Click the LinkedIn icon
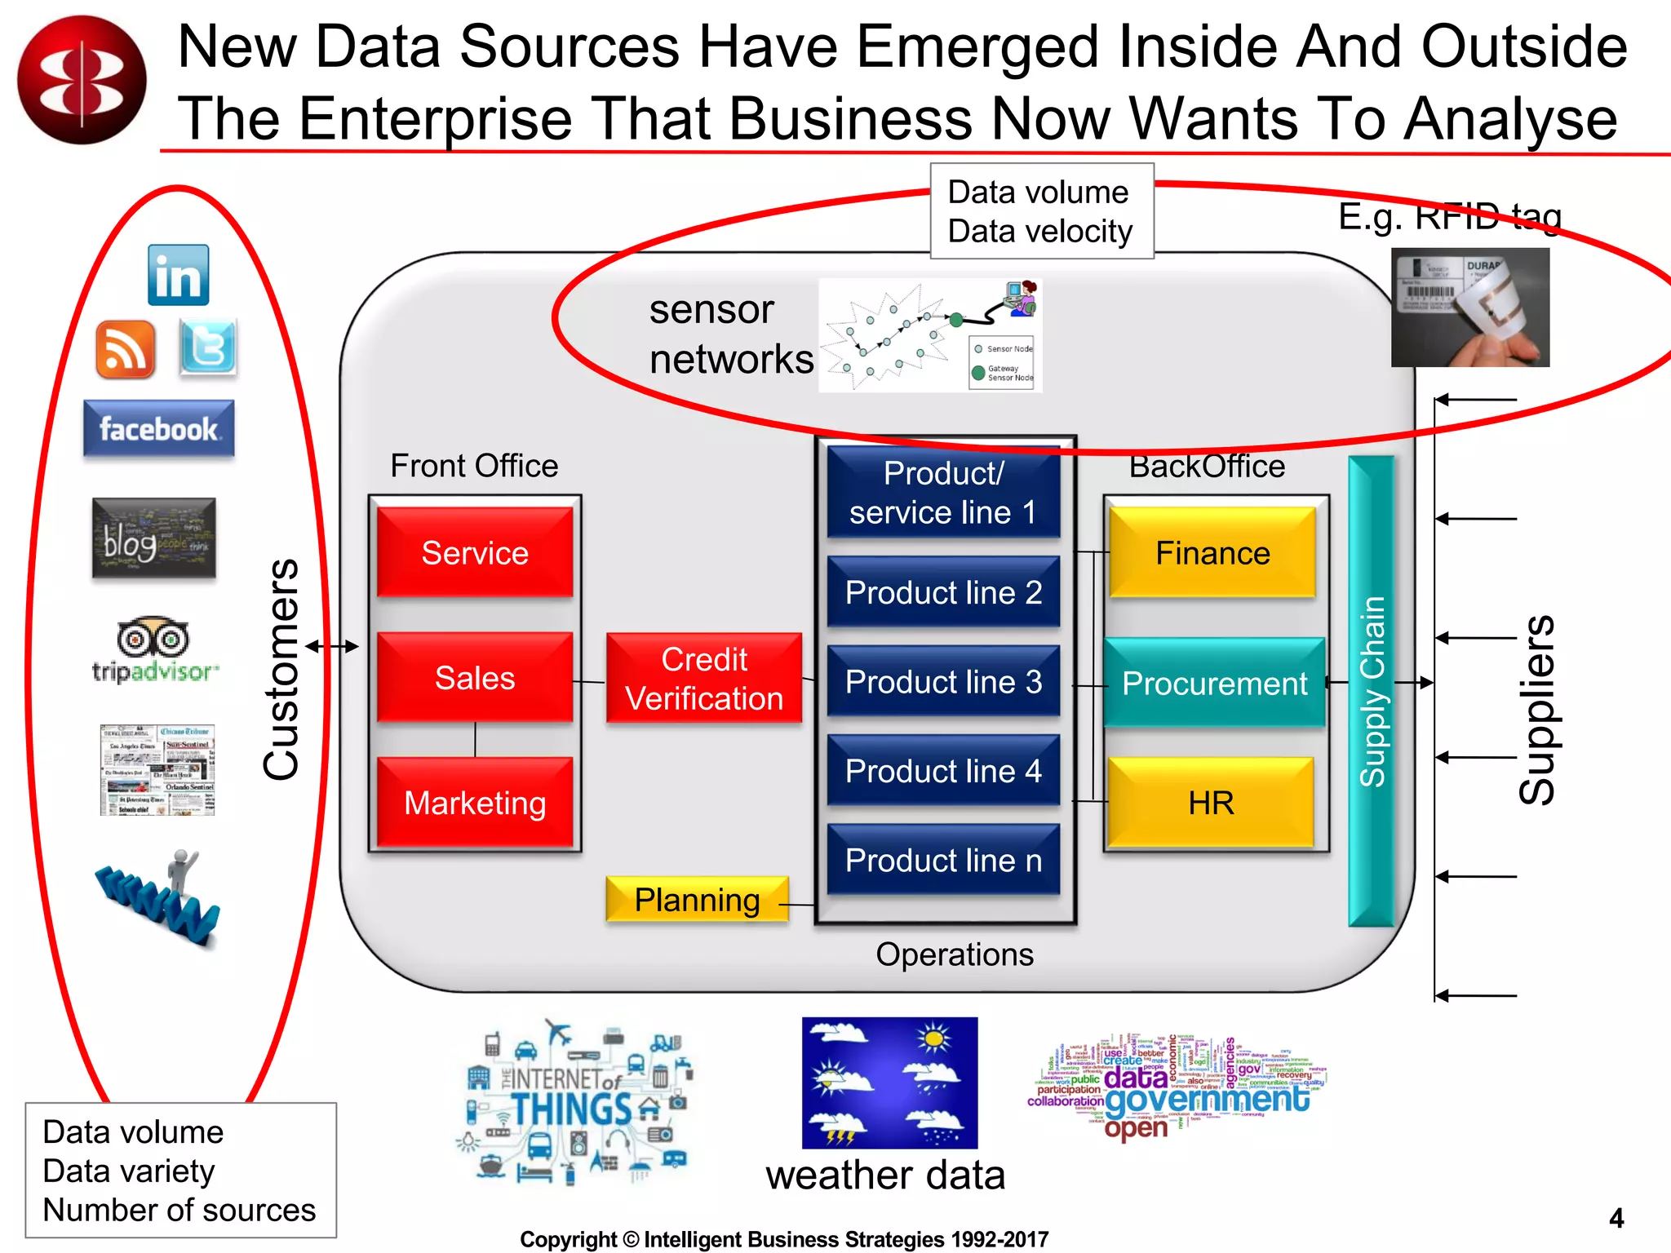click(x=179, y=276)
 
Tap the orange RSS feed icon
click(x=125, y=349)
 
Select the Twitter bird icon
click(x=208, y=348)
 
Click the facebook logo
click(x=158, y=428)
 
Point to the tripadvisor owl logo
click(x=153, y=638)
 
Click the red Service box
click(x=475, y=552)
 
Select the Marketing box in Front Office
click(x=475, y=803)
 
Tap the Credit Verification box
click(x=704, y=678)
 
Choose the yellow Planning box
click(x=698, y=900)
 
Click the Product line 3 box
click(x=943, y=681)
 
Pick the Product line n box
click(x=943, y=860)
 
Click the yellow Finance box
click(x=1212, y=553)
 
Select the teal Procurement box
click(x=1214, y=683)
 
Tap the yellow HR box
click(x=1211, y=803)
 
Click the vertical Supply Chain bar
click(x=1372, y=691)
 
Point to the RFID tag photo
click(x=1470, y=308)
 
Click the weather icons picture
click(x=889, y=1083)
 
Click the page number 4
click(x=1616, y=1218)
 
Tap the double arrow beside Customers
click(x=332, y=646)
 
